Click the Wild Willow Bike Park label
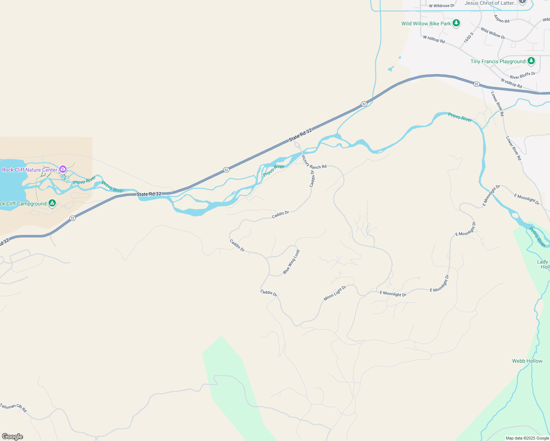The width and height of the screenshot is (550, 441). [x=426, y=24]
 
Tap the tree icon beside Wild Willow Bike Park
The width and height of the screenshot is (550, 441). [x=456, y=24]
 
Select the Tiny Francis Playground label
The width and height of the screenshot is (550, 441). [x=498, y=61]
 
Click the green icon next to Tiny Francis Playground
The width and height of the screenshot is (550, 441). [x=531, y=61]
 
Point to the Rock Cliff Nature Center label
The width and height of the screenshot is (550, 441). [x=30, y=170]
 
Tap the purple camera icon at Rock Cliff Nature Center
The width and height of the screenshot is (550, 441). [x=63, y=169]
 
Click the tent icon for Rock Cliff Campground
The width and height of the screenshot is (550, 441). [x=52, y=203]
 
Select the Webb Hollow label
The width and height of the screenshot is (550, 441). [x=527, y=361]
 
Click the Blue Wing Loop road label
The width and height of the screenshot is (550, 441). [x=291, y=262]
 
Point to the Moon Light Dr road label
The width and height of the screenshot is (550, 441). [x=335, y=293]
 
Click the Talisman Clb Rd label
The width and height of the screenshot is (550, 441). [x=13, y=408]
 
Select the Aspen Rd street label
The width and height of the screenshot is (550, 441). [x=501, y=19]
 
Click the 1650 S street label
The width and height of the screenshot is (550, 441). [x=468, y=37]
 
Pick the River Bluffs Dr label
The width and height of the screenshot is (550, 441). [x=522, y=75]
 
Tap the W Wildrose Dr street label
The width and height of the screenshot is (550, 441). [x=442, y=6]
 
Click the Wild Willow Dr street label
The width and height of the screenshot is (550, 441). [x=493, y=33]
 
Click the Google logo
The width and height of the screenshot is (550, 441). [x=12, y=436]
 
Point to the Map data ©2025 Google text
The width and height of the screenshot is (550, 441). [x=527, y=438]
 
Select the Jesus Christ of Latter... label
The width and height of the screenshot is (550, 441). [x=490, y=3]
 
